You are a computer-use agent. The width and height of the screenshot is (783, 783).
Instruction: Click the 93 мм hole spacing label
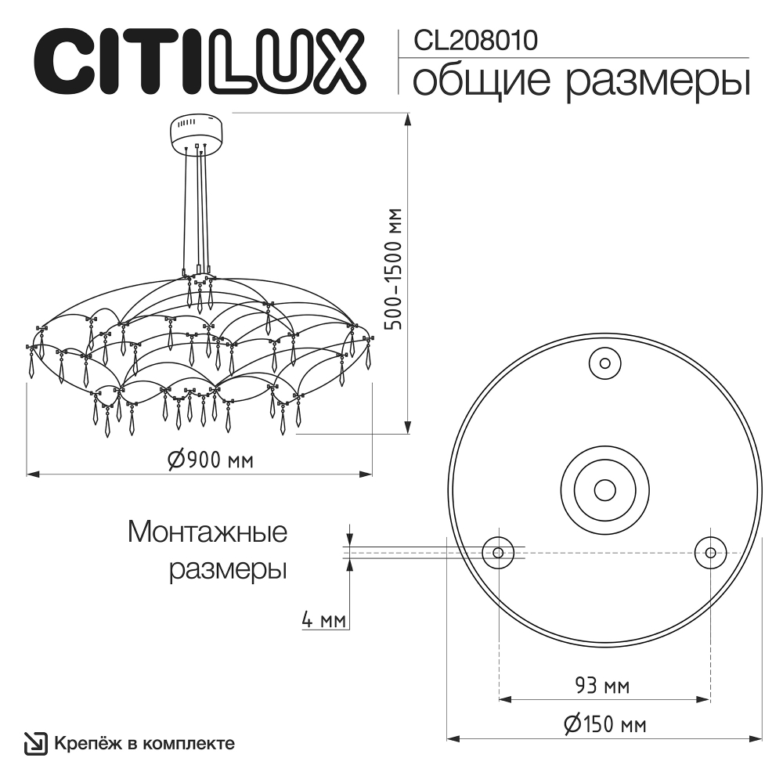[602, 687]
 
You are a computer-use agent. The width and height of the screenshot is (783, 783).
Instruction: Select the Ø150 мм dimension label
[604, 724]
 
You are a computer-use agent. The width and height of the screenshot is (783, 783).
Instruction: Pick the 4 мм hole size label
[324, 621]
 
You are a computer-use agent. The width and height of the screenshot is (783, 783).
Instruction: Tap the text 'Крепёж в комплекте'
[144, 743]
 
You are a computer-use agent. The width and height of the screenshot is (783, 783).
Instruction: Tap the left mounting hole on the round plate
[498, 552]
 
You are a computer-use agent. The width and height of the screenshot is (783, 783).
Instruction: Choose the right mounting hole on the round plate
[710, 552]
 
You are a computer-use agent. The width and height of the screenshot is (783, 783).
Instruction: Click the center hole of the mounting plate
[604, 489]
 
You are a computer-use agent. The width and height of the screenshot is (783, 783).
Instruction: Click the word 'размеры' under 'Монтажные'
[228, 569]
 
